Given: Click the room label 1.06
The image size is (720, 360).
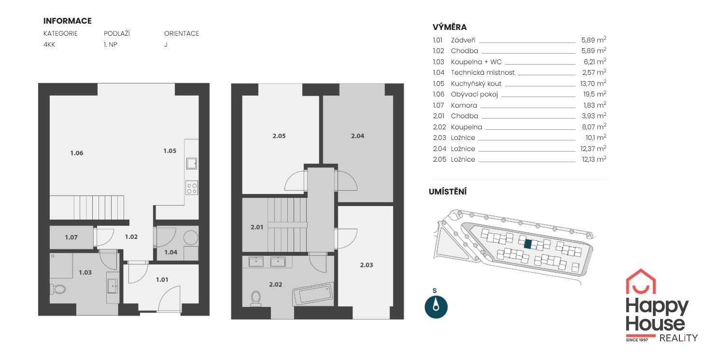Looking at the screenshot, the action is click(x=76, y=153).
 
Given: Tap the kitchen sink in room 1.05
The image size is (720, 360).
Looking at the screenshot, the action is click(x=192, y=164).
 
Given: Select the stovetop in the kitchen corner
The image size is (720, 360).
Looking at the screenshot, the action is click(x=192, y=188).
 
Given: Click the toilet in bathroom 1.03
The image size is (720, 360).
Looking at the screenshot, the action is click(x=58, y=289).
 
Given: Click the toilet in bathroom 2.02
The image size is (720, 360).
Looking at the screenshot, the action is click(x=256, y=298).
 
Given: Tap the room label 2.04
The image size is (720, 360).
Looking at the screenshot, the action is click(x=357, y=136).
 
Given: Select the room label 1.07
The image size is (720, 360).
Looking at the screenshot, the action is click(x=71, y=237).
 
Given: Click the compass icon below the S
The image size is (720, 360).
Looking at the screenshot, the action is click(x=436, y=307).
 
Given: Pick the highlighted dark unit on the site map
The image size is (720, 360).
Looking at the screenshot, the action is click(x=528, y=244).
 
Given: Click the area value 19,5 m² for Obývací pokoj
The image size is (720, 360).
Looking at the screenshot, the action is click(x=594, y=94).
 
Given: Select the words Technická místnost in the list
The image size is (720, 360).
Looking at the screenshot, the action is click(x=482, y=72).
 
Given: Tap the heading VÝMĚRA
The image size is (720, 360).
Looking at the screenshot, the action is click(x=450, y=27).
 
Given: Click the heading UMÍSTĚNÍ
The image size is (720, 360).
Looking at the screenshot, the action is click(x=448, y=192).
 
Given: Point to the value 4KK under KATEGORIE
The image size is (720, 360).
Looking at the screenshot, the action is click(x=49, y=45).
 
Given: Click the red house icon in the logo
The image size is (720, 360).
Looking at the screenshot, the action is click(x=641, y=281).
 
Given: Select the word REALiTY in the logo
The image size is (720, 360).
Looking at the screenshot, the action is click(x=678, y=338).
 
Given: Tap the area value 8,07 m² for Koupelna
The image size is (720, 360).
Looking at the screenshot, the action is click(x=594, y=127).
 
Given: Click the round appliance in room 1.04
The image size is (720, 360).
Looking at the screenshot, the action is click(x=191, y=238).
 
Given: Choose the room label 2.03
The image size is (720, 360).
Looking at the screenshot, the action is click(x=367, y=265).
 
